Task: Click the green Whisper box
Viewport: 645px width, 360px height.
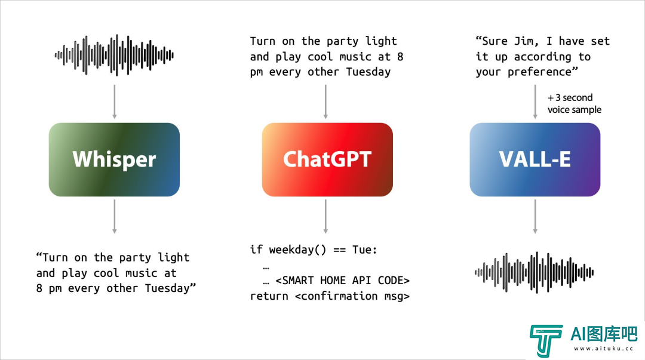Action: pyautogui.click(x=114, y=159)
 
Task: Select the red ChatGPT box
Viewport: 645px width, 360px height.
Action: pyautogui.click(x=327, y=159)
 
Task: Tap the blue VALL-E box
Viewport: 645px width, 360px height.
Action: pyautogui.click(x=535, y=159)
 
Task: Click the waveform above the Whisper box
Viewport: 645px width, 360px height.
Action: pyautogui.click(x=114, y=55)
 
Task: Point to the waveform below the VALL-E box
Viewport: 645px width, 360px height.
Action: pyautogui.click(x=534, y=272)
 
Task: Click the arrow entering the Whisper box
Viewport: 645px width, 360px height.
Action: pyautogui.click(x=114, y=102)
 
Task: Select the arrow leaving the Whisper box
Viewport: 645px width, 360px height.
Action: pyautogui.click(x=114, y=216)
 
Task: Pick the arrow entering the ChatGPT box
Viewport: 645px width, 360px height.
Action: pyautogui.click(x=325, y=102)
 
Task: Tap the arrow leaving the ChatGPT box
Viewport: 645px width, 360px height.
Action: pyautogui.click(x=325, y=216)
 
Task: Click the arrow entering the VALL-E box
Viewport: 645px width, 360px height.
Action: pyautogui.click(x=535, y=102)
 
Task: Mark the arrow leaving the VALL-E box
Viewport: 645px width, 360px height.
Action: pyautogui.click(x=535, y=216)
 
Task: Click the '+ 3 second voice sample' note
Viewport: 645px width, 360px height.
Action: pyautogui.click(x=575, y=104)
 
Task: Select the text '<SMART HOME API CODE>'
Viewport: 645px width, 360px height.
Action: pyautogui.click(x=343, y=281)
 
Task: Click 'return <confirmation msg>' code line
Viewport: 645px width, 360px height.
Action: pyautogui.click(x=330, y=296)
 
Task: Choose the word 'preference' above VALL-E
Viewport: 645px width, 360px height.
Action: pyautogui.click(x=539, y=72)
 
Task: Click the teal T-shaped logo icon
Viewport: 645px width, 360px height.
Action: pyautogui.click(x=546, y=340)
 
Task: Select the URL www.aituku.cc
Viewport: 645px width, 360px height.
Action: pyautogui.click(x=603, y=349)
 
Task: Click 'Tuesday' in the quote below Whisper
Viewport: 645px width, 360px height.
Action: pyautogui.click(x=167, y=288)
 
